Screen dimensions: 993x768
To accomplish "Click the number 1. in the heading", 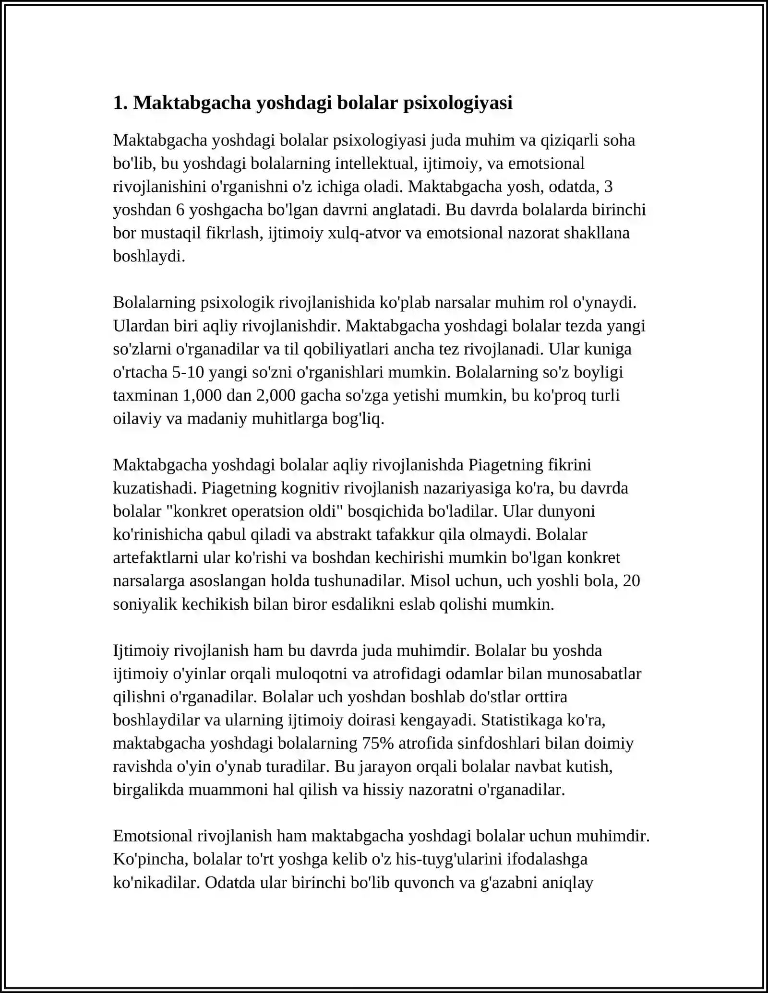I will coord(120,103).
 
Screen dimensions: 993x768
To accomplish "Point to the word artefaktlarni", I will coord(156,558).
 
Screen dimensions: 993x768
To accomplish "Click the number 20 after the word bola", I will coord(631,581).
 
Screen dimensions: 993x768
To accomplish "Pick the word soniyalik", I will coord(145,604).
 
